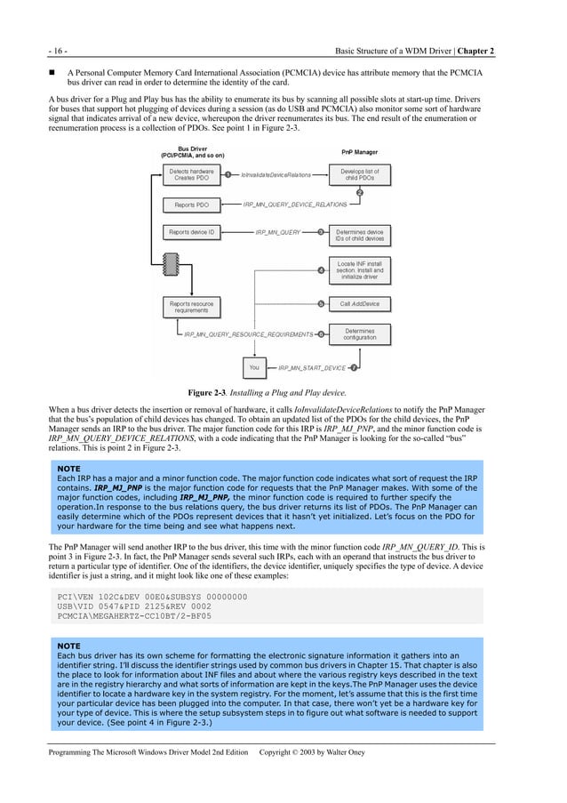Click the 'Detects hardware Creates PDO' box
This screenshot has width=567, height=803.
click(188, 174)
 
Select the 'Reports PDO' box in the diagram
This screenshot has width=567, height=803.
click(190, 205)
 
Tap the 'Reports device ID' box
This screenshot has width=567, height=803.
click(190, 232)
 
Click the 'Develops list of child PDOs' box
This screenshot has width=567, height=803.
click(359, 174)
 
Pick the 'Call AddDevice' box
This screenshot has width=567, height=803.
click(359, 304)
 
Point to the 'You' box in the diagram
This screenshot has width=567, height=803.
click(254, 366)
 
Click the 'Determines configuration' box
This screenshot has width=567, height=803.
click(359, 334)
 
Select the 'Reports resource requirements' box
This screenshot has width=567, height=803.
click(190, 307)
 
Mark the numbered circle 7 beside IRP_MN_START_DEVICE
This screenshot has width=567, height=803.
click(354, 366)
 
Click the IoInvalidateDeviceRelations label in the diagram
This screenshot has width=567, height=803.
click(276, 175)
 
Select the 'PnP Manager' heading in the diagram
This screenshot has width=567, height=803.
click(359, 152)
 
